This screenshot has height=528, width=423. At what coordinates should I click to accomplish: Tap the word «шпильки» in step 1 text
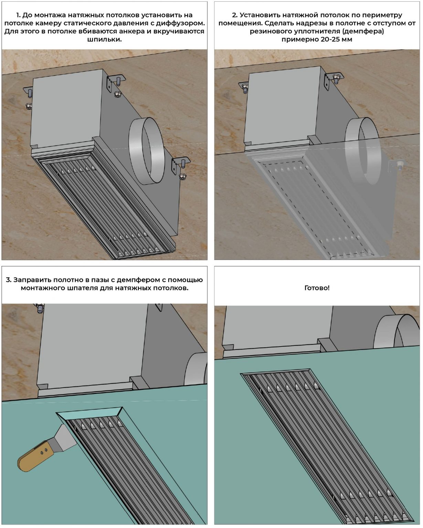pos(105,39)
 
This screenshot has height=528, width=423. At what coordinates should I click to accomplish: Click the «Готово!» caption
pos(317,288)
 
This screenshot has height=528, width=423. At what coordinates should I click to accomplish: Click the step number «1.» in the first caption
pos(19,15)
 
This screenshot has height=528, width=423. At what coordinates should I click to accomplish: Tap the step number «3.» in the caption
pos(9,280)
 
